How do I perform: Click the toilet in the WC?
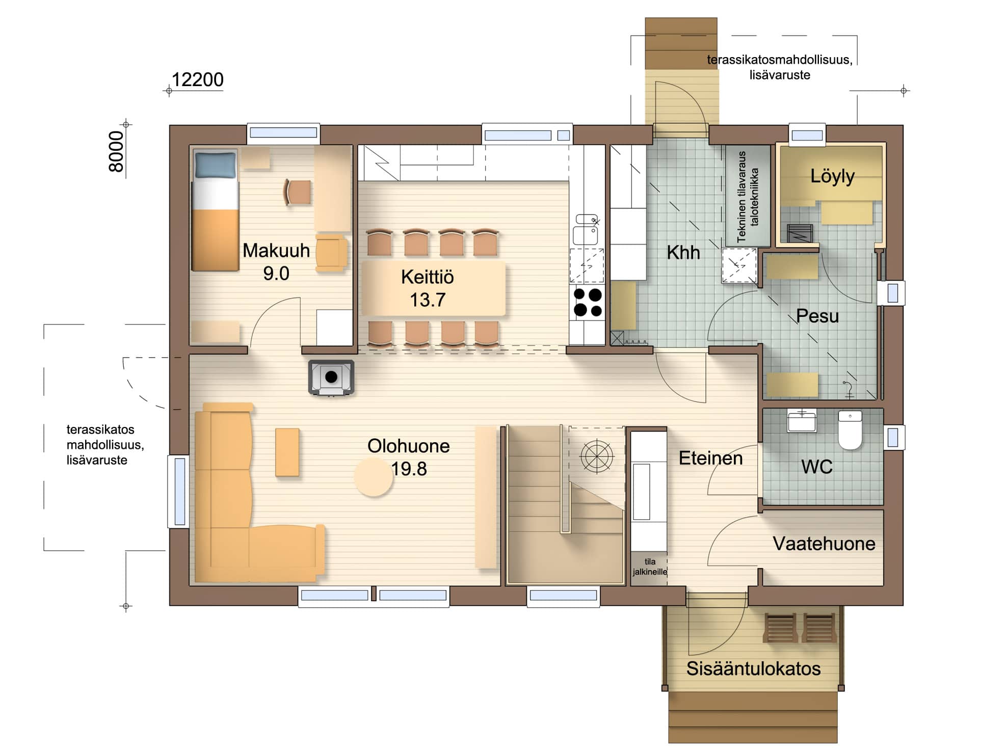pyautogui.click(x=850, y=430)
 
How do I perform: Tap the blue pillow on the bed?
pyautogui.click(x=216, y=165)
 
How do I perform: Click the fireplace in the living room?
pyautogui.click(x=331, y=378)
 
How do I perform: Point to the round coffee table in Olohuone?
pyautogui.click(x=374, y=477)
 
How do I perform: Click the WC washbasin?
pyautogui.click(x=802, y=421)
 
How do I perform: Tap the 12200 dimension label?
pyautogui.click(x=197, y=79)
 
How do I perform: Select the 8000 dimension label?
pyautogui.click(x=116, y=152)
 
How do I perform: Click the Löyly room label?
pyautogui.click(x=832, y=176)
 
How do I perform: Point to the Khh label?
pyautogui.click(x=683, y=252)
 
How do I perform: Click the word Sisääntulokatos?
pyautogui.click(x=753, y=668)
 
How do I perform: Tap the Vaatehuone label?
pyautogui.click(x=824, y=544)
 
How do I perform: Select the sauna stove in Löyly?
pyautogui.click(x=800, y=234)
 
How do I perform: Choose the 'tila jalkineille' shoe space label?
pyautogui.click(x=650, y=567)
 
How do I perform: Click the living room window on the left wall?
pyautogui.click(x=179, y=492)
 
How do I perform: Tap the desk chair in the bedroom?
pyautogui.click(x=297, y=192)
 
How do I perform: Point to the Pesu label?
pyautogui.click(x=817, y=316)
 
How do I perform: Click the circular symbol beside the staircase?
pyautogui.click(x=597, y=456)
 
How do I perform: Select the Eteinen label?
pyautogui.click(x=710, y=458)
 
